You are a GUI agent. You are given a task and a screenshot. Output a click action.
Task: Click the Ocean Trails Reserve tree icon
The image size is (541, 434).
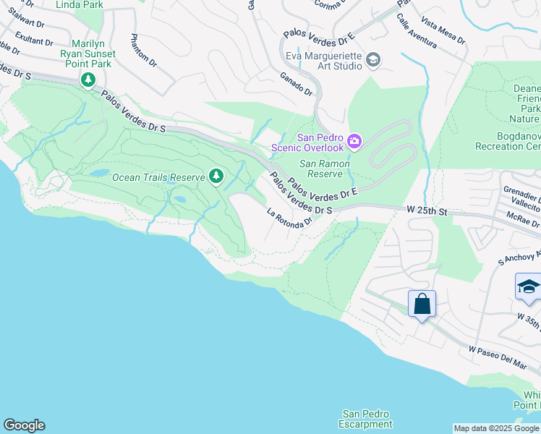click(216, 176)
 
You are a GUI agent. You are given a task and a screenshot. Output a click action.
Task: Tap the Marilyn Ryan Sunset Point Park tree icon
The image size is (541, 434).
click(88, 79)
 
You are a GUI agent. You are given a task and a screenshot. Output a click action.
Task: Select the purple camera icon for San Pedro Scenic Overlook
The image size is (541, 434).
click(354, 141)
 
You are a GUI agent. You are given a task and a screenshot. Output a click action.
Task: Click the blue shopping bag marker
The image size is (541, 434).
click(422, 305)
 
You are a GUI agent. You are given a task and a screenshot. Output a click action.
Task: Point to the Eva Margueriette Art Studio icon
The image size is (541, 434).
click(373, 59)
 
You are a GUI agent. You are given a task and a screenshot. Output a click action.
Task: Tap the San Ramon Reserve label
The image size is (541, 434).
click(325, 169)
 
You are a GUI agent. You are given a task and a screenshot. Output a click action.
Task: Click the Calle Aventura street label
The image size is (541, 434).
click(416, 33)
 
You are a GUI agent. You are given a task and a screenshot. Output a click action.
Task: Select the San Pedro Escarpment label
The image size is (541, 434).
click(367, 419)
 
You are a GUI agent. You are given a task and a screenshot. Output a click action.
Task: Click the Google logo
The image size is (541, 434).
click(24, 425)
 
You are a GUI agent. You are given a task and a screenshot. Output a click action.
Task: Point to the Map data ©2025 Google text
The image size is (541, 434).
click(495, 428)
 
